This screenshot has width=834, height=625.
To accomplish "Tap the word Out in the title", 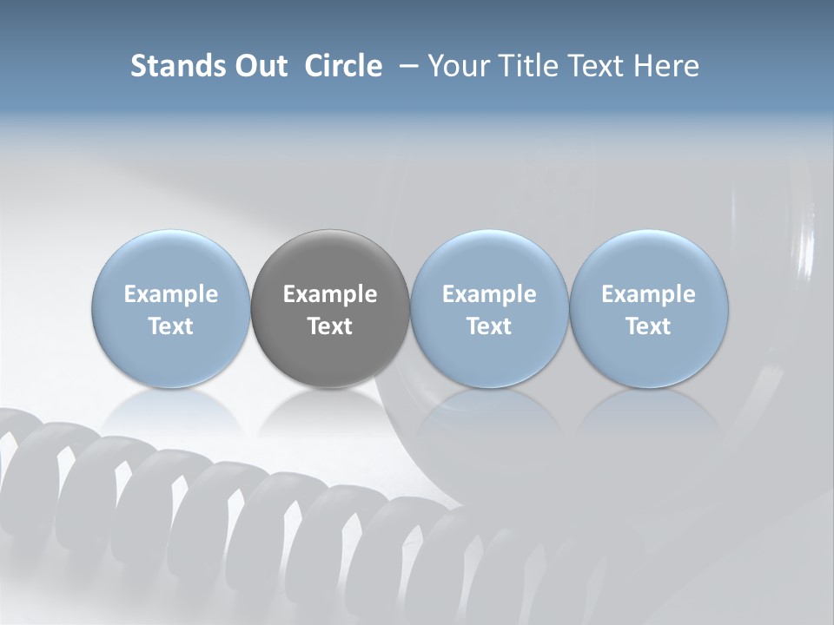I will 259,66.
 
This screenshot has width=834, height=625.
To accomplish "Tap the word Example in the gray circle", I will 330,294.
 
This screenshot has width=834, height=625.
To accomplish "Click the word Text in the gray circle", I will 330,326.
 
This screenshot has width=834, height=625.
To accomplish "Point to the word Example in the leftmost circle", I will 170,294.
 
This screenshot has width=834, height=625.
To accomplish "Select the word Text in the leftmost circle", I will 170,326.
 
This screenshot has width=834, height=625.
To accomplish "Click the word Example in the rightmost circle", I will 648,294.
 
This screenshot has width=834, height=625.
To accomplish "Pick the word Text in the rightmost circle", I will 648,326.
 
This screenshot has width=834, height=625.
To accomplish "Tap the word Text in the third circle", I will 489,326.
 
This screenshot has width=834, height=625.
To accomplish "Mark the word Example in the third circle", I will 489,294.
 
